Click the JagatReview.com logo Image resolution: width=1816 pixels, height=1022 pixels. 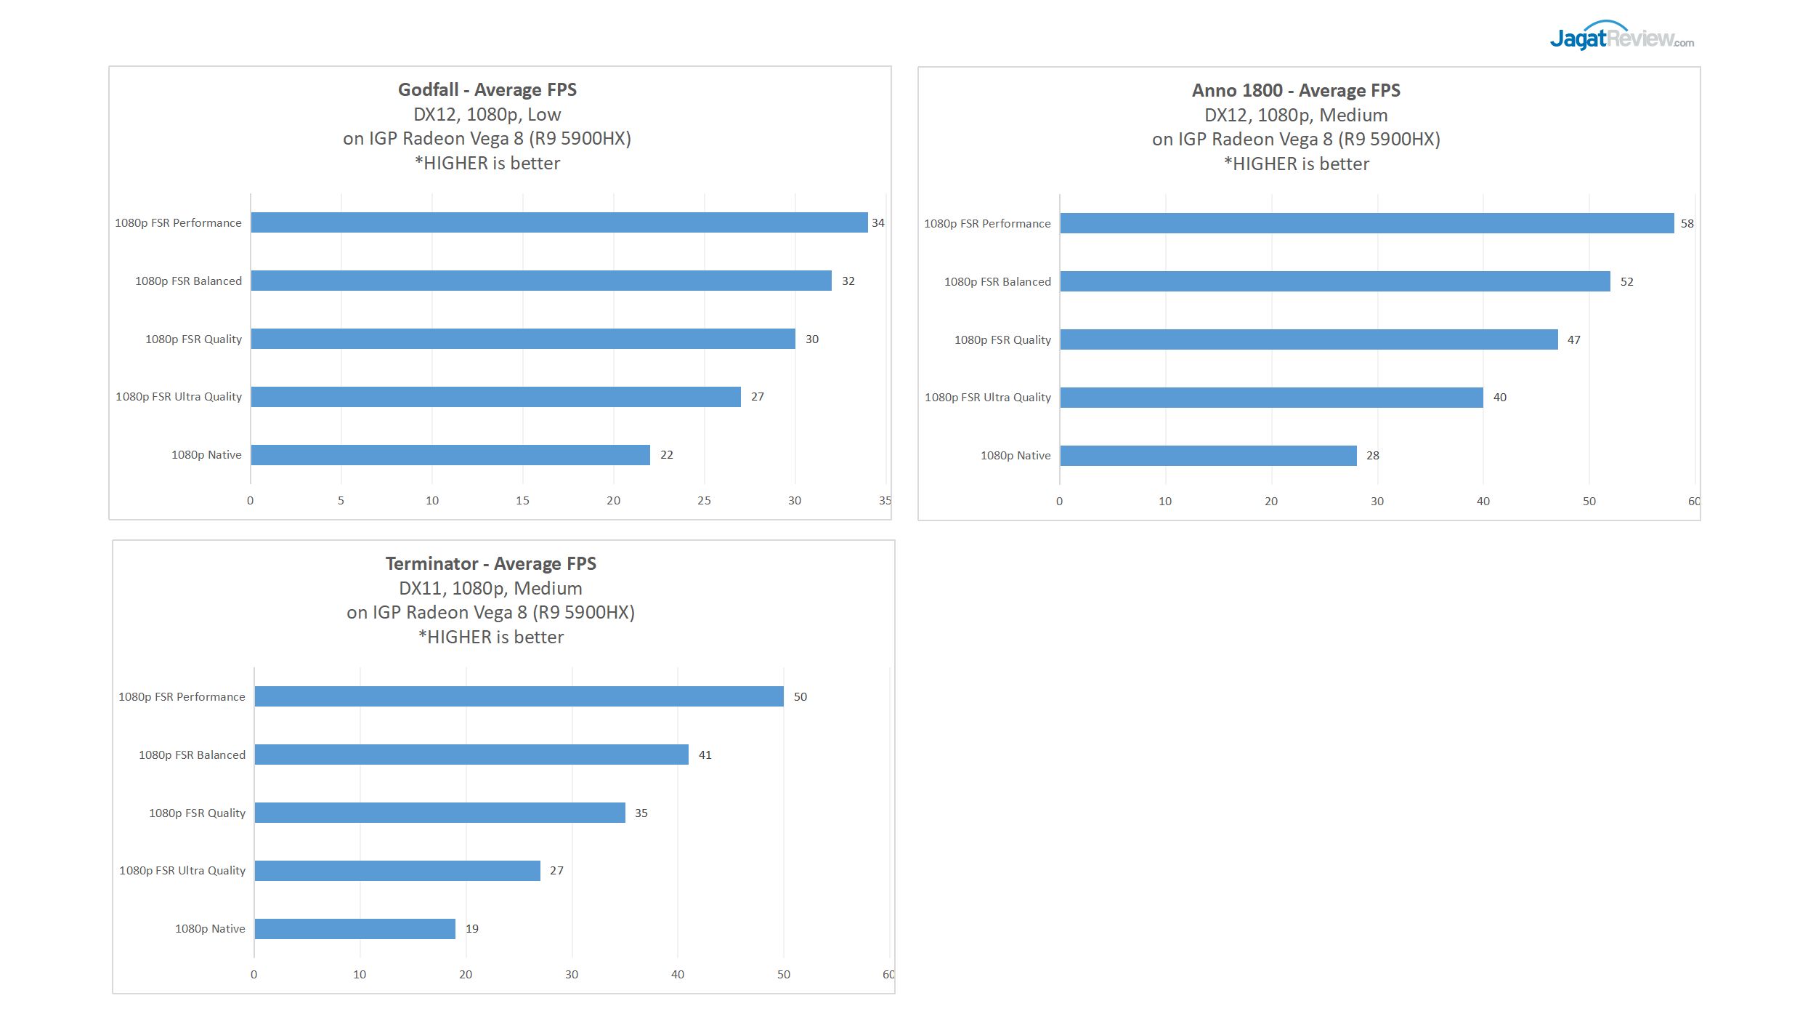[1621, 36]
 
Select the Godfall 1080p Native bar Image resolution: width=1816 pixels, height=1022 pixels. [450, 455]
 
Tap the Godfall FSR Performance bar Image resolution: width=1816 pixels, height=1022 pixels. [559, 222]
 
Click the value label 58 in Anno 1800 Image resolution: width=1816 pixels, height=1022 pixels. [1687, 224]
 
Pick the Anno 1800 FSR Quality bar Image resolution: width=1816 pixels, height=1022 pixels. [1308, 339]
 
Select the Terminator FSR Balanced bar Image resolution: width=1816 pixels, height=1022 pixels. [471, 755]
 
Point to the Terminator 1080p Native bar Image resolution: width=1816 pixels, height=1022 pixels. [354, 929]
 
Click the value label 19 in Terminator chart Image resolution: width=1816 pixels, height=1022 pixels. [472, 929]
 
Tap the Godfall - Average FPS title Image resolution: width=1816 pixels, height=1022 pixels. [487, 90]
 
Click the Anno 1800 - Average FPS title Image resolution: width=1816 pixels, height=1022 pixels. [1296, 91]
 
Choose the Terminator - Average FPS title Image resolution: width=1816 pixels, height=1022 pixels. [490, 564]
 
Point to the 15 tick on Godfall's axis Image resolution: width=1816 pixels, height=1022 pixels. [522, 501]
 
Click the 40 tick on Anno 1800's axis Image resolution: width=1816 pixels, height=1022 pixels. [1483, 502]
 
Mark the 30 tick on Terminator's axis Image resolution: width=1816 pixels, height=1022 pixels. [572, 975]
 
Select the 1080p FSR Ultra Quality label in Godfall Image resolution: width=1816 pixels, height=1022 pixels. [179, 397]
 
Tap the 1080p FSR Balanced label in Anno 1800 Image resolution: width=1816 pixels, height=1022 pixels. [997, 282]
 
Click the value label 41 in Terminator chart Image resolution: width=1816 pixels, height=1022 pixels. [705, 755]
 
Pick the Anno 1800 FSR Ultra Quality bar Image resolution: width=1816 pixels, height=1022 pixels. [1271, 398]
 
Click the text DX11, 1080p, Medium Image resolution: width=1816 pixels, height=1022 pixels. [490, 588]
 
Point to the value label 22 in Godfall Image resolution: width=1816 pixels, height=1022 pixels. [666, 455]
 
